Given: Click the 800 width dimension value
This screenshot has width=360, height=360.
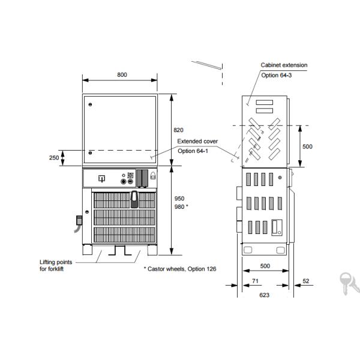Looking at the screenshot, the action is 122,75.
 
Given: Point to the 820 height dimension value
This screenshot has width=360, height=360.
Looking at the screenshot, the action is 178,130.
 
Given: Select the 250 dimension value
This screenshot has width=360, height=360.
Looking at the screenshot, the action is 54,158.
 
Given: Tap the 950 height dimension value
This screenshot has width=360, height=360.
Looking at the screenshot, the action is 179,199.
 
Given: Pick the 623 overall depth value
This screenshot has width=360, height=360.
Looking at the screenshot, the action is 264,295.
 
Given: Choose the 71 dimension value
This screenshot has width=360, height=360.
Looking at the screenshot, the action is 256,281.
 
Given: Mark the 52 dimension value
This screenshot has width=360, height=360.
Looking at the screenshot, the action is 306,281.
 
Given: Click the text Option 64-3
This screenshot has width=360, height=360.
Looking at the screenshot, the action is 277,76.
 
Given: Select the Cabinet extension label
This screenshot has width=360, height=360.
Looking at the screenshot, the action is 284,65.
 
